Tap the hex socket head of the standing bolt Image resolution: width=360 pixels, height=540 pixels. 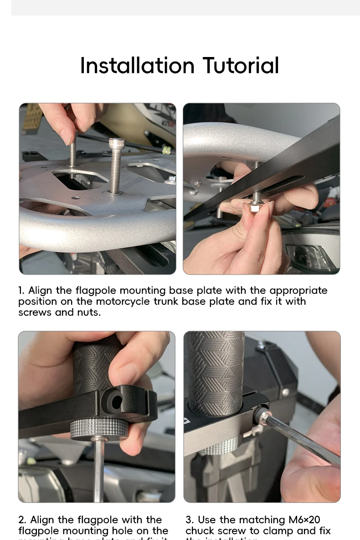pyautogui.click(x=117, y=143)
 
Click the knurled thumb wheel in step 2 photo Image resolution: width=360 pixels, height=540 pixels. pyautogui.click(x=99, y=429)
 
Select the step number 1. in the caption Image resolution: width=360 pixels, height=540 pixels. pyautogui.click(x=21, y=291)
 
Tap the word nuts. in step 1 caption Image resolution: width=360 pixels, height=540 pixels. pyautogui.click(x=88, y=312)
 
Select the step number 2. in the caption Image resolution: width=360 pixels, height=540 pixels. pyautogui.click(x=22, y=520)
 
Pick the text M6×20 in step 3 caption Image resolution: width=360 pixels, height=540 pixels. pyautogui.click(x=304, y=520)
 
